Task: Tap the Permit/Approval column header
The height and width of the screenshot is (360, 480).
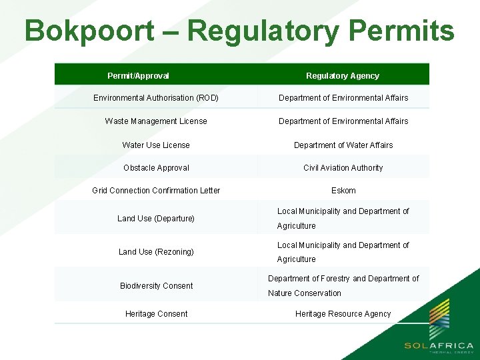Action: [x=138, y=76]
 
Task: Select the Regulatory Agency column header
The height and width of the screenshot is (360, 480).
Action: [x=343, y=76]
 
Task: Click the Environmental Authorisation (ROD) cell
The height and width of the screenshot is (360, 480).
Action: [x=156, y=98]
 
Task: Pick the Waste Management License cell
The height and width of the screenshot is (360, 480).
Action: [x=156, y=121]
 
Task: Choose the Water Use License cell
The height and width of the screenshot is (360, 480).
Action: [x=156, y=145]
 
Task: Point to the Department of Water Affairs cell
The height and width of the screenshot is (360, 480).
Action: [x=343, y=145]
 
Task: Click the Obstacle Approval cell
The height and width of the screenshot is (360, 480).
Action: [x=156, y=168]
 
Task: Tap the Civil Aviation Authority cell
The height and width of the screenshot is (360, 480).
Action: [x=343, y=168]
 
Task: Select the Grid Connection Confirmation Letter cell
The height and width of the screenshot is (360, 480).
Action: [x=156, y=191]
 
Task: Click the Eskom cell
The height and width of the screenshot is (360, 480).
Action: [x=343, y=191]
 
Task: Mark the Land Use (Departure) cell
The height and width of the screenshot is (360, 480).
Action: [x=156, y=219]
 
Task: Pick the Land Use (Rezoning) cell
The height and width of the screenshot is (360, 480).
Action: [x=156, y=252]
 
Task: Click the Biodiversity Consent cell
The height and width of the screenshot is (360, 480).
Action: [x=156, y=286]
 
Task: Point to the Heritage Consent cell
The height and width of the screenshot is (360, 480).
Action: [x=156, y=314]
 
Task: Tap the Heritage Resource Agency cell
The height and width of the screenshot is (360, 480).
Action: [x=343, y=314]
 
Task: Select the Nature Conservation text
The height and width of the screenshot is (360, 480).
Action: [x=305, y=293]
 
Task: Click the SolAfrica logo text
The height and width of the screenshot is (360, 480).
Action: [x=439, y=346]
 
